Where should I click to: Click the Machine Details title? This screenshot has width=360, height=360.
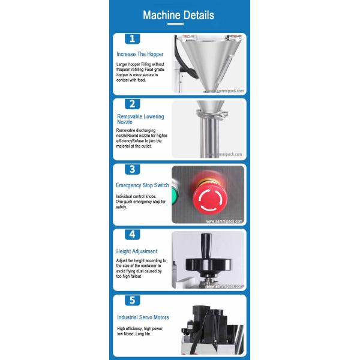coord(178,16)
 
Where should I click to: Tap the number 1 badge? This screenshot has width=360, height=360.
coord(132,38)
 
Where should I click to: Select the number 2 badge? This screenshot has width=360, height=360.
coord(132,104)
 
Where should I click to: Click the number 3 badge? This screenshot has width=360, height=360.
coord(132,169)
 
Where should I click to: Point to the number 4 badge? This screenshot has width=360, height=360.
coord(132,235)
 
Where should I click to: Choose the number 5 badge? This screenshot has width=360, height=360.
coord(132,301)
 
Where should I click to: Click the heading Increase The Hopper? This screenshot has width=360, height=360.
coord(140,54)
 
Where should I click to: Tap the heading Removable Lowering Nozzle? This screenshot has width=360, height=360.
coord(140,119)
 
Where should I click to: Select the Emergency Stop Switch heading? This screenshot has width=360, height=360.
coord(142,185)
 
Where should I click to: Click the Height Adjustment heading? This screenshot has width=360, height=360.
coord(137,251)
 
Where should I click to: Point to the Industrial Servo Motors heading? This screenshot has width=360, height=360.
coord(143,317)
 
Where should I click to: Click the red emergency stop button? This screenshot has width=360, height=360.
coord(210,197)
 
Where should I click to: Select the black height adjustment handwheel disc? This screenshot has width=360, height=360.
coord(208,265)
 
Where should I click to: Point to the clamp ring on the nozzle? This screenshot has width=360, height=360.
coord(212,115)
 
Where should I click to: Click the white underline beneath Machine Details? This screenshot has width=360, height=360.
coord(175,24)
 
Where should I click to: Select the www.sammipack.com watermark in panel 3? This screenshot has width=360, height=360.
coord(224,221)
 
